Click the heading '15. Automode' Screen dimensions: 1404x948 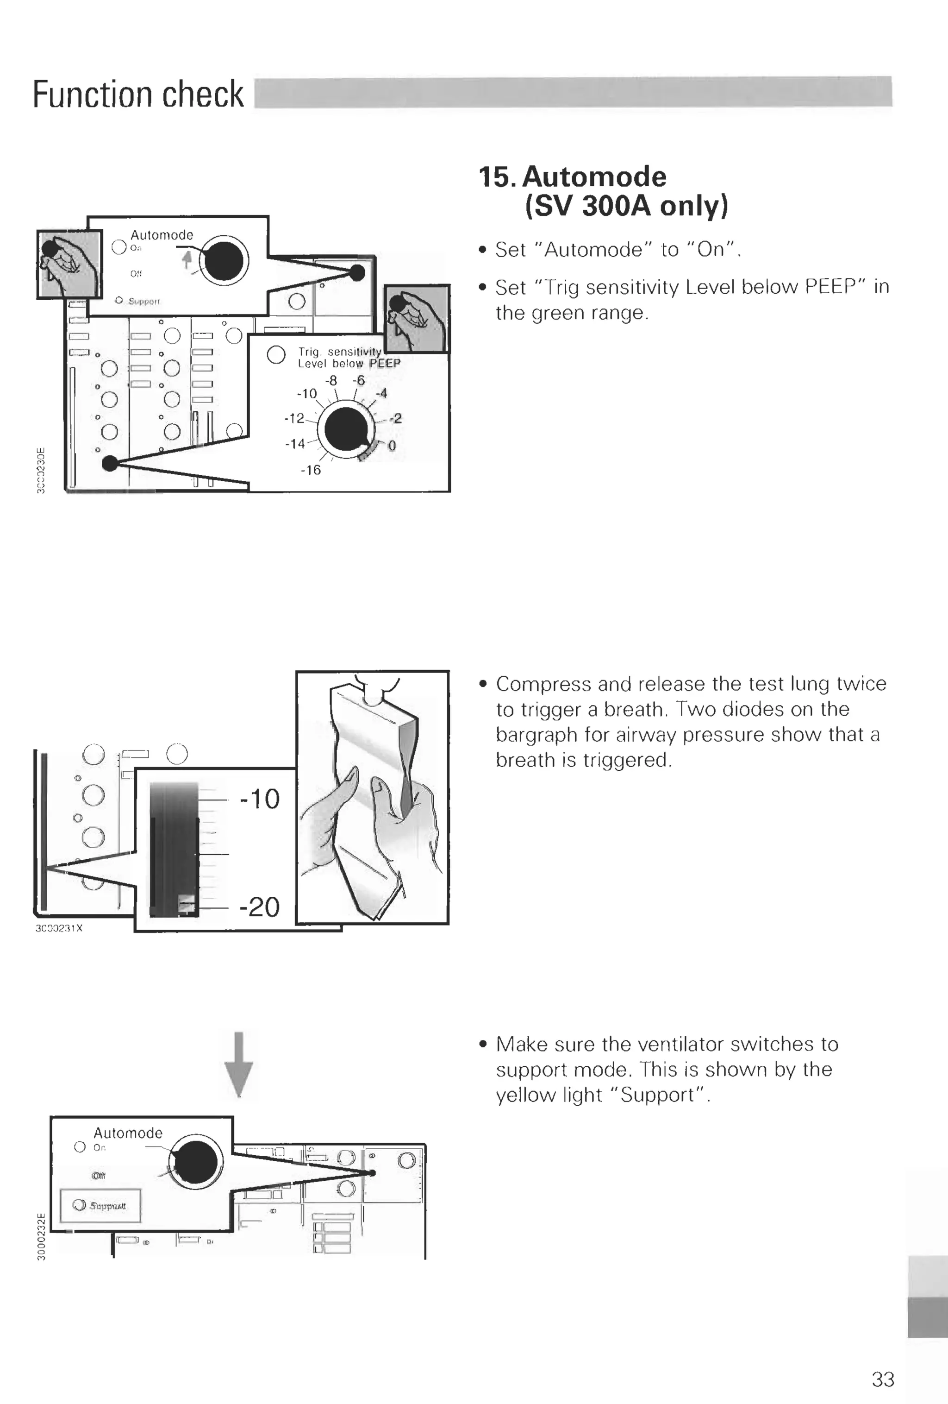click(573, 177)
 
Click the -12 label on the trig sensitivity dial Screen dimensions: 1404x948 click(294, 418)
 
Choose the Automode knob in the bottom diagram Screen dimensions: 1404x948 click(194, 1162)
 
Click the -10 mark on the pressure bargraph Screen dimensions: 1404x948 click(260, 799)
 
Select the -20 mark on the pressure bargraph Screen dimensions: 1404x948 click(260, 906)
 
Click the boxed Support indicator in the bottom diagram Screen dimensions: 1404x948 click(100, 1205)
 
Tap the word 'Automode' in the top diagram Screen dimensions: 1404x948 click(161, 235)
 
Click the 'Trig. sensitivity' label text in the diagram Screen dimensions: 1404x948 click(339, 352)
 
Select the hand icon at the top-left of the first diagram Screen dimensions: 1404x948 click(69, 264)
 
